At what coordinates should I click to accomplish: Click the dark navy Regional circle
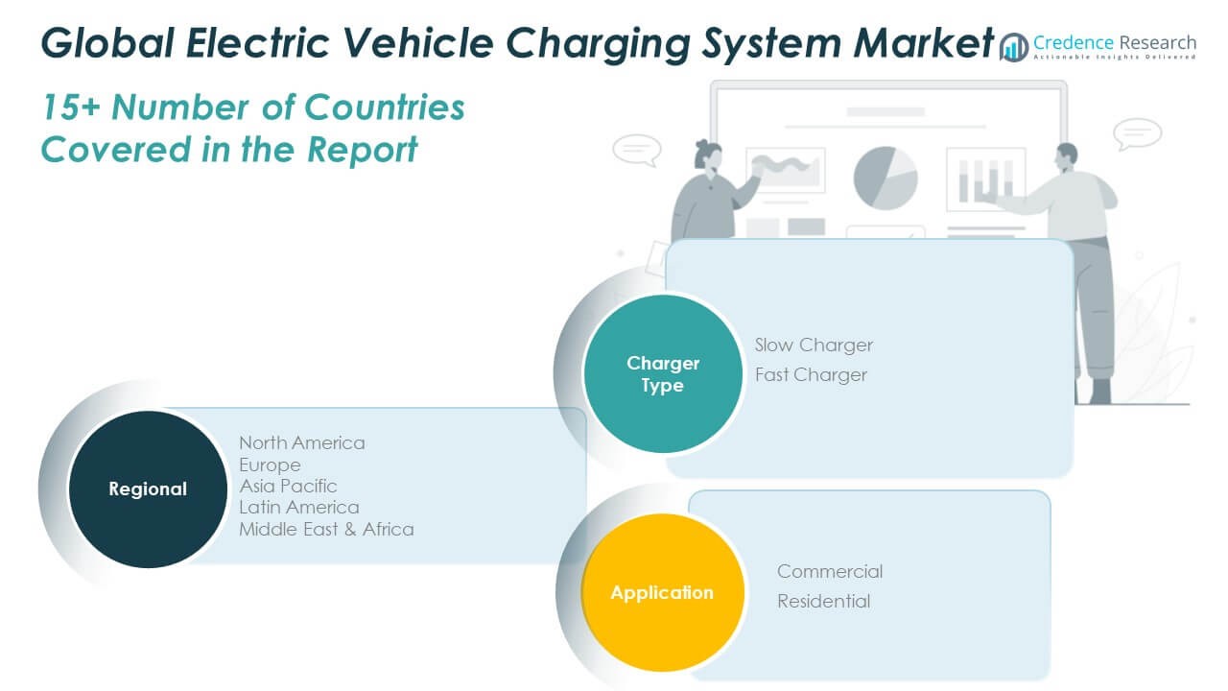[x=148, y=488]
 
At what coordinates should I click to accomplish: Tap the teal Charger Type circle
[x=663, y=374]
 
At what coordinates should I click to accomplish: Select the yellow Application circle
[x=662, y=592]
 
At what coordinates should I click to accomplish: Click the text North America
[x=302, y=442]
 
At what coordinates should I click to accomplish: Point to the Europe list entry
[x=270, y=465]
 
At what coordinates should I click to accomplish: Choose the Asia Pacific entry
[x=288, y=486]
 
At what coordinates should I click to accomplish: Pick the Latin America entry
[x=299, y=507]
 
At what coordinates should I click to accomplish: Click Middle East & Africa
[x=326, y=529]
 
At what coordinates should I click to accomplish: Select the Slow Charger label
[x=814, y=345]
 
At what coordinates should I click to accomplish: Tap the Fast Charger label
[x=811, y=374]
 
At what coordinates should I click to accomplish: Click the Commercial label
[x=830, y=571]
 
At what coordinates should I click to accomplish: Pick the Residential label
[x=824, y=601]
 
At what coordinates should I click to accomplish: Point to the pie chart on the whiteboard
[x=886, y=178]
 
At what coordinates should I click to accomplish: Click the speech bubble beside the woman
[x=636, y=150]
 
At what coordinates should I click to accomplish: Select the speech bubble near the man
[x=1138, y=132]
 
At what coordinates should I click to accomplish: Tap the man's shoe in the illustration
[x=1099, y=391]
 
